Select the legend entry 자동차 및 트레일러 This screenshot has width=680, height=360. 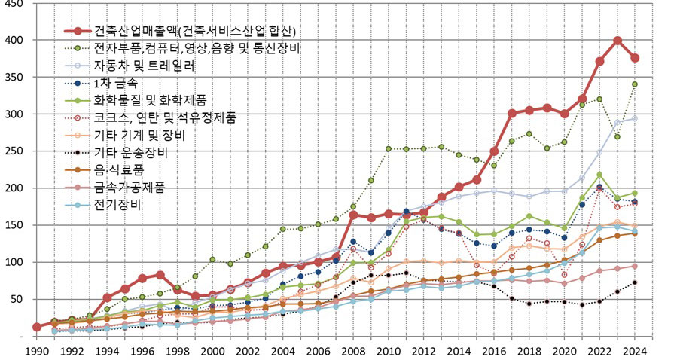[144, 66]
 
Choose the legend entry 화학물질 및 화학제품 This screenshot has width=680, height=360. [150, 99]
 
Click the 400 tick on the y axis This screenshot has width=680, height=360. [14, 40]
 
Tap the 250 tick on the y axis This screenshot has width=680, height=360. [14, 151]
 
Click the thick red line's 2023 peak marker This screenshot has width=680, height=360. [617, 41]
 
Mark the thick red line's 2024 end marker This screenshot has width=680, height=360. [635, 58]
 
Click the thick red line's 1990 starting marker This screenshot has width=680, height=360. [37, 327]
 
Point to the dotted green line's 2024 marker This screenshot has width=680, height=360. [635, 84]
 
